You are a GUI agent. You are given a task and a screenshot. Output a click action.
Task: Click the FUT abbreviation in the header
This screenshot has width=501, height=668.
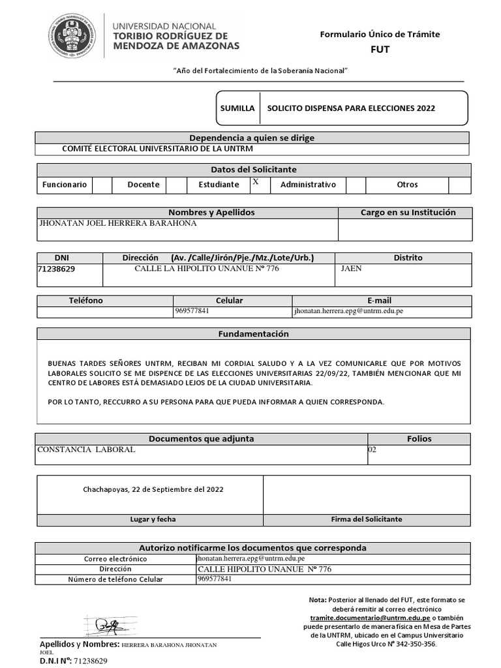coord(379,50)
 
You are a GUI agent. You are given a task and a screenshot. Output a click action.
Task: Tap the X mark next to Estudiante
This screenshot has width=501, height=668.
coord(256,183)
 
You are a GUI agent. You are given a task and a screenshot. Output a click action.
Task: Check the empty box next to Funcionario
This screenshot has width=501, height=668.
coord(102,185)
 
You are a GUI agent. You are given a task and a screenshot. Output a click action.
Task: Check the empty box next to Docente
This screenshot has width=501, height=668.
coord(176,185)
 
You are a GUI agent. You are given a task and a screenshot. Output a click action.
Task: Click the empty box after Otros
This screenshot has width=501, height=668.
coord(459,185)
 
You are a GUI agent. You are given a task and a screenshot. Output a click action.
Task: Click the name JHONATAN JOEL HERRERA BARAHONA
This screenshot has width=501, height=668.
coord(118,223)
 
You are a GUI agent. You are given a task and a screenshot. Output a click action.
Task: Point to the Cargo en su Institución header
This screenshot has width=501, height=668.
coord(408,213)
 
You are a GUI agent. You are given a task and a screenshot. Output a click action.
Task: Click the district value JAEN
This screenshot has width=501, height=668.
coord(351,268)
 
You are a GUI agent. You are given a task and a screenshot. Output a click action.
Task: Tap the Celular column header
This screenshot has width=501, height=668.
coord(229,301)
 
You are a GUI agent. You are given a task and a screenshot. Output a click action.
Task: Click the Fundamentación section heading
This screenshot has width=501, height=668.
coord(253,334)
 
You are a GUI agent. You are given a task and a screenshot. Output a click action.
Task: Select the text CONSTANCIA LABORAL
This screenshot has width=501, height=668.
coord(86,450)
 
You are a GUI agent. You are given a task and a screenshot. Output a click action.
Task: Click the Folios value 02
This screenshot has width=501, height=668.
coord(372,450)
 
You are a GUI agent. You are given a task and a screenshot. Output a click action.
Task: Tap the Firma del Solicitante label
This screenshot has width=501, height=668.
coord(367,520)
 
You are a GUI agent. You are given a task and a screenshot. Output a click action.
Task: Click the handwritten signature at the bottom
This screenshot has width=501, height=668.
coord(106,626)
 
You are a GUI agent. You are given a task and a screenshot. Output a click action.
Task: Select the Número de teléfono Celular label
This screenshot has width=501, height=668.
coord(115,579)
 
